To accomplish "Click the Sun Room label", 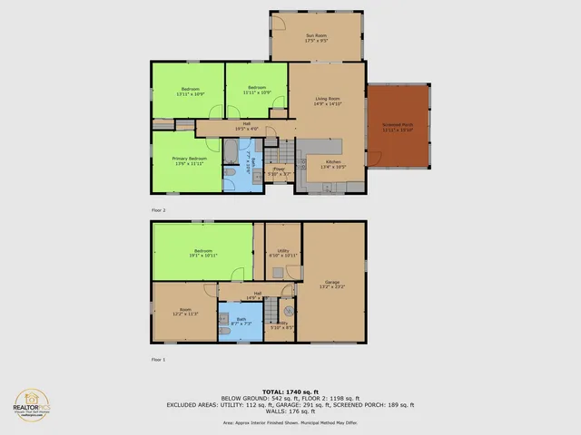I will click(316, 38).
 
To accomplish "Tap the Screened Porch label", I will click(398, 127).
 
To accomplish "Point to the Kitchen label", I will click(333, 164).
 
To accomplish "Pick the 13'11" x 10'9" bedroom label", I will click(189, 91).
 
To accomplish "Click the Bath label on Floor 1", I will click(241, 321).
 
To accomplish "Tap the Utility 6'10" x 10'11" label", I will click(282, 253).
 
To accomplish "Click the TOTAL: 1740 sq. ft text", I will click(290, 391).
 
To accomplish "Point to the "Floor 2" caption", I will click(159, 209).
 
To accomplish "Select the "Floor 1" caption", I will click(159, 359).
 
